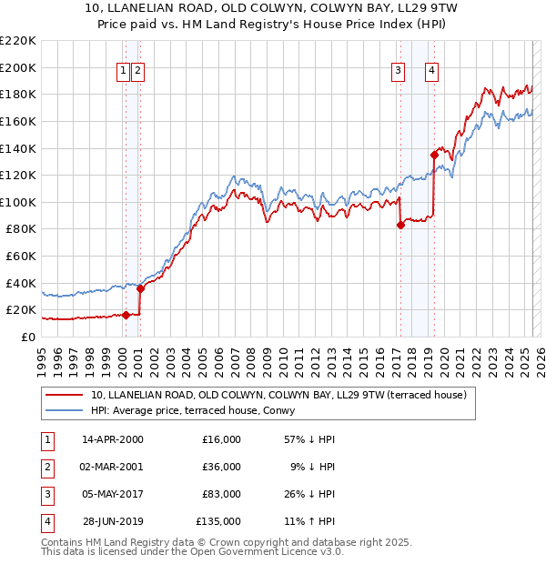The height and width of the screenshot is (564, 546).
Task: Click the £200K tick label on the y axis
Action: point(18,67)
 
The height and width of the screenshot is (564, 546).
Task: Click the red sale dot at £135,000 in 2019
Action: point(434,155)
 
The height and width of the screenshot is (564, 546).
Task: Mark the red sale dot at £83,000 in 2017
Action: point(400,225)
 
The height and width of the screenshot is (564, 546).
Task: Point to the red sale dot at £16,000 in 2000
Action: point(126,315)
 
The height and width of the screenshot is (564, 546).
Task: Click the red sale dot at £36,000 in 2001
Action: point(140,288)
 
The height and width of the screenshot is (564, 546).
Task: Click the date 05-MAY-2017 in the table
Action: point(112,496)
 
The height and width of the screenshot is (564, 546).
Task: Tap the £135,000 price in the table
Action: point(218,521)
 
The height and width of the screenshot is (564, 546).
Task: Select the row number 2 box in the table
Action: point(45,468)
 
